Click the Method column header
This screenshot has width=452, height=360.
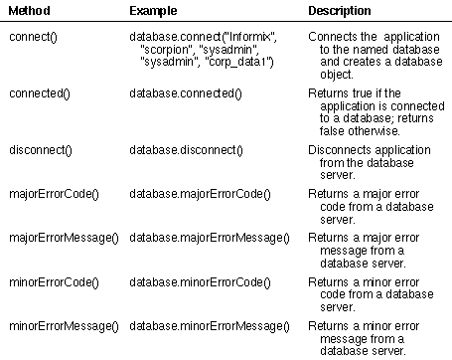(30, 11)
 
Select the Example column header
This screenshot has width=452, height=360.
(153, 11)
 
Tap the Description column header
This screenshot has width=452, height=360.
(340, 11)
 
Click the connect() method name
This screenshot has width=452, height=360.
(33, 37)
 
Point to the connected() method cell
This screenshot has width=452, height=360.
(40, 93)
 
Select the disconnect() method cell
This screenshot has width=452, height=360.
(41, 150)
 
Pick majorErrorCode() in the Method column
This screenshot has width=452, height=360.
(54, 194)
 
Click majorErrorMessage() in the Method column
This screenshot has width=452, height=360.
(64, 238)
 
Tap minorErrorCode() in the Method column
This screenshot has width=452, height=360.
(54, 282)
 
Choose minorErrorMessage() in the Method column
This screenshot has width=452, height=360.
(64, 326)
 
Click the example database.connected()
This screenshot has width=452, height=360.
(186, 93)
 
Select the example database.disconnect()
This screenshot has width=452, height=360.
(186, 150)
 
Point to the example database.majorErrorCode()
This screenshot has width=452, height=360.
(200, 194)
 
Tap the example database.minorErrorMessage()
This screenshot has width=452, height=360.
(210, 326)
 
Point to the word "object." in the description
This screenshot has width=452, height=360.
(337, 75)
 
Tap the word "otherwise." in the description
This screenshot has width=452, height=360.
(375, 131)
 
